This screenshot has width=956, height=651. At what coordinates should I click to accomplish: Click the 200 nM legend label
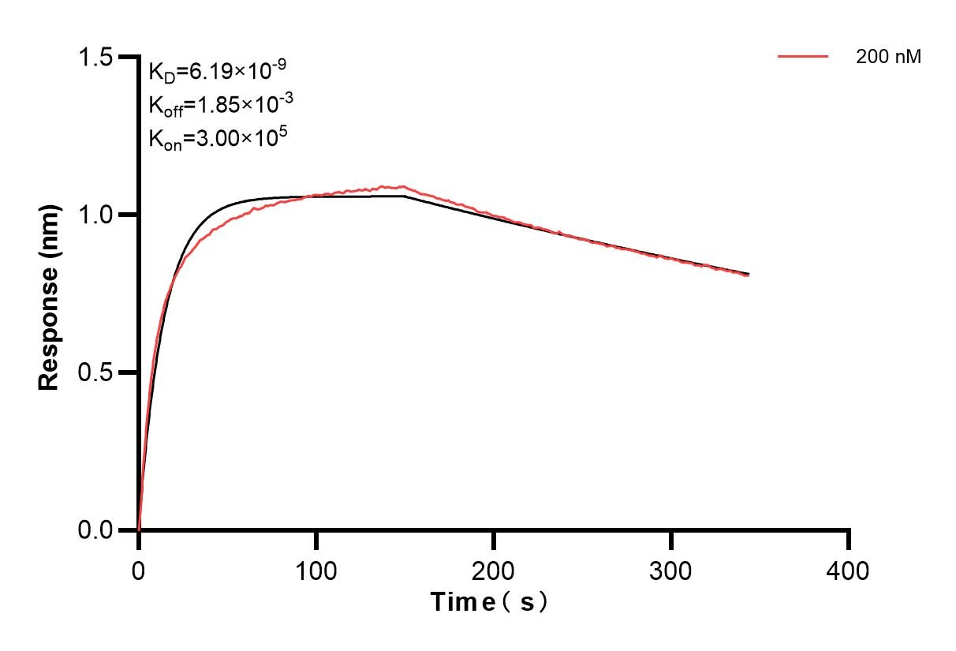pyautogui.click(x=888, y=57)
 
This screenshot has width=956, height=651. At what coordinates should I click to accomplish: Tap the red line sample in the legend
pyautogui.click(x=803, y=57)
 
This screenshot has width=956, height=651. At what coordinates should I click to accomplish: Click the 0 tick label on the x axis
pyautogui.click(x=139, y=570)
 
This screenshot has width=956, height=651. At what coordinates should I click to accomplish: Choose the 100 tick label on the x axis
pyautogui.click(x=316, y=570)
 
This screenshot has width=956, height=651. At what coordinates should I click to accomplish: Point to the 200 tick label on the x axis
pyautogui.click(x=494, y=570)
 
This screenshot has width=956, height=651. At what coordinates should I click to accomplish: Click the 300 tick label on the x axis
pyautogui.click(x=671, y=570)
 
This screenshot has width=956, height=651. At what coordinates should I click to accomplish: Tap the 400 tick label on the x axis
pyautogui.click(x=849, y=570)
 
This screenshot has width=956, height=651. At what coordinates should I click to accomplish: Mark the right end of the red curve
pyautogui.click(x=748, y=275)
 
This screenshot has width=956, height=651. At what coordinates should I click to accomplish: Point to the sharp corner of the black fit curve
pyautogui.click(x=405, y=196)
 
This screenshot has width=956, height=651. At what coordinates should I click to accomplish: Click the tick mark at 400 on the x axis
pyautogui.click(x=849, y=540)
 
